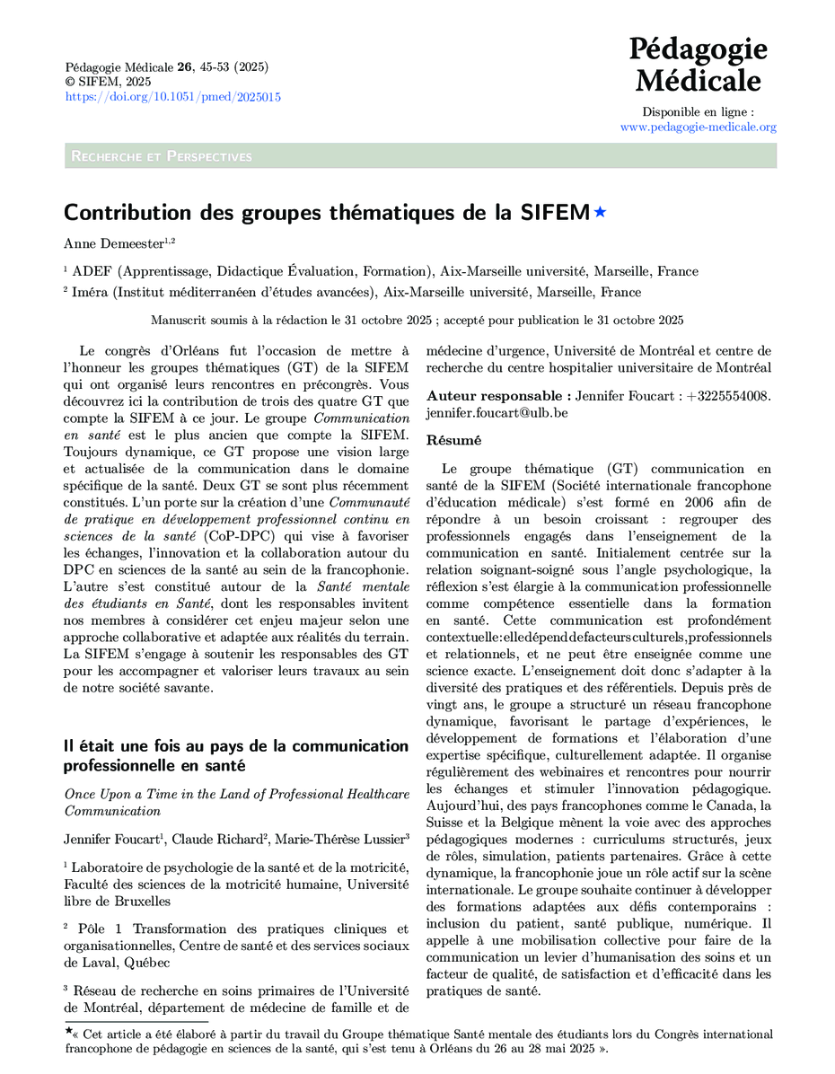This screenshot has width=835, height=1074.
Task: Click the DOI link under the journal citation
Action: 172,97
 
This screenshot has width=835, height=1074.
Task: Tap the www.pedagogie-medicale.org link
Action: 698,128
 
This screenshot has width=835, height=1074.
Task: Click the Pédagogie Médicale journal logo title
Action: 698,64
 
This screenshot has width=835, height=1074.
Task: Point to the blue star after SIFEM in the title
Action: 600,212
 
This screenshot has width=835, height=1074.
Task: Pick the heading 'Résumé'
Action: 453,440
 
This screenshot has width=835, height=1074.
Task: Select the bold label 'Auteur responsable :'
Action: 498,396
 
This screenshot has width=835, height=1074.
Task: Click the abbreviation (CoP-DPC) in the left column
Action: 233,537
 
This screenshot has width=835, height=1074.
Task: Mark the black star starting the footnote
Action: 70,1033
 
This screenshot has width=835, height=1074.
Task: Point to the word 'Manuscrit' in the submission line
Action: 180,321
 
